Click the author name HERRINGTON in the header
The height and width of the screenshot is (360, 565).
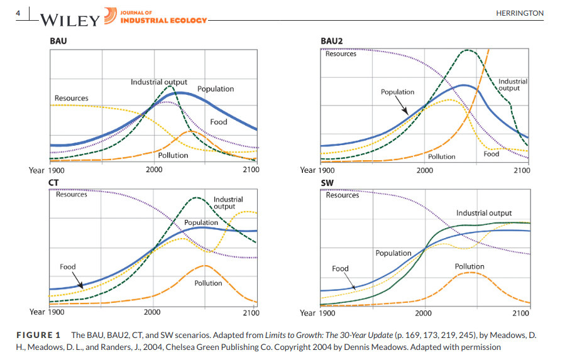pos(520,13)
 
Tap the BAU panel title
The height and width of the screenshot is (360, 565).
pos(58,41)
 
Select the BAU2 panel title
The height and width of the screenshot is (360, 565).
pos(331,41)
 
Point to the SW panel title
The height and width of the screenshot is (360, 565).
pos(327,183)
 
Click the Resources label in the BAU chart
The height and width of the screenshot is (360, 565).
pos(71,98)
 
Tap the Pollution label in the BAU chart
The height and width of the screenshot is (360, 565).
pos(173,155)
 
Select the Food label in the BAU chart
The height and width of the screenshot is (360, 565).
pos(219,121)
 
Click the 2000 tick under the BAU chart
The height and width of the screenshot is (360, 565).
pos(153,170)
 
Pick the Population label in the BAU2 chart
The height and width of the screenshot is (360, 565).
pos(397,92)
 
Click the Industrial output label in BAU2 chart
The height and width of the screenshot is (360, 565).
pos(513,85)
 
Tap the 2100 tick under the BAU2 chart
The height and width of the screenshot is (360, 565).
pos(522,170)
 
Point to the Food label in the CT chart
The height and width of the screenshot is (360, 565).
pos(68,266)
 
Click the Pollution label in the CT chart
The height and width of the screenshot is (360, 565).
pos(208,283)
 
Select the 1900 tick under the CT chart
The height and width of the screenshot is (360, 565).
pos(56,312)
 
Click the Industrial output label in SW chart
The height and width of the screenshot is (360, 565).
pos(484,213)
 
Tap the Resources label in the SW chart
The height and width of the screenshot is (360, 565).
pos(343,195)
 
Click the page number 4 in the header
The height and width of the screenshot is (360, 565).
pos(19,13)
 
